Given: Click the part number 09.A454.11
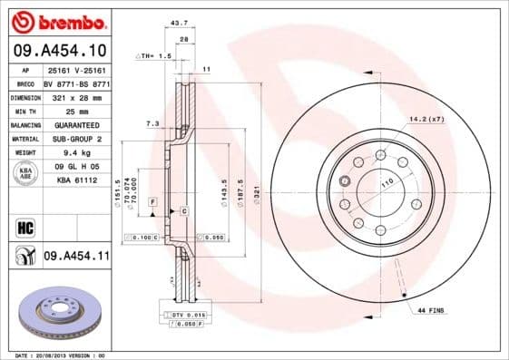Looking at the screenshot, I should pyautogui.click(x=76, y=257).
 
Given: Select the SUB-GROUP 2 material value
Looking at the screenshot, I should pyautogui.click(x=75, y=140).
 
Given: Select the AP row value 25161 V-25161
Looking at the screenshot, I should pyautogui.click(x=75, y=69).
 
